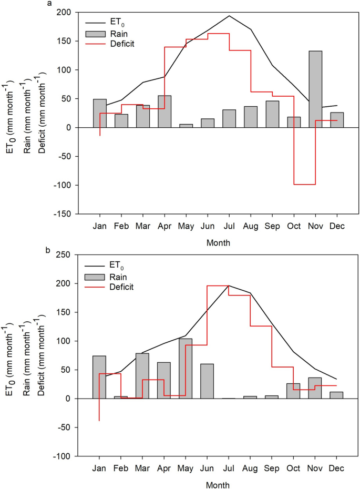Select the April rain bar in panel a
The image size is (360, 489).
(x=164, y=111)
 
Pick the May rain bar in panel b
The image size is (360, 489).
(x=186, y=369)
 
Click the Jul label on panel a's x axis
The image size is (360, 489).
(x=229, y=225)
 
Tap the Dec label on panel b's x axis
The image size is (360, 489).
(x=336, y=467)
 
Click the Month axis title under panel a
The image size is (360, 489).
(x=218, y=243)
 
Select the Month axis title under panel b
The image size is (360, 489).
(x=218, y=484)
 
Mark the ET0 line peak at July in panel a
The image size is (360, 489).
(x=229, y=16)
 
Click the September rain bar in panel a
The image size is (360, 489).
(x=272, y=114)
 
